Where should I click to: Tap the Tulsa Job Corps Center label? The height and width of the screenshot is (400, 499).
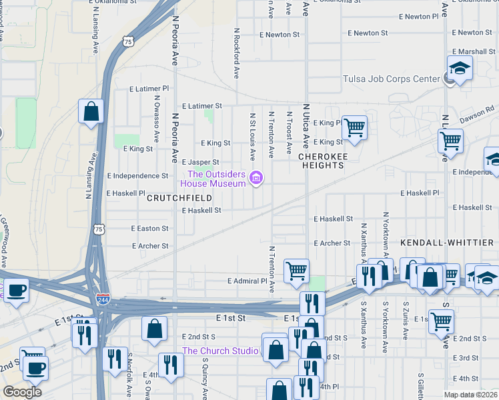391,79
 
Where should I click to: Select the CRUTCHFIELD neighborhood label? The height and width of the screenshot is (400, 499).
179,198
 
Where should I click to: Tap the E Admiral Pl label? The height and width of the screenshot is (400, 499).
247,281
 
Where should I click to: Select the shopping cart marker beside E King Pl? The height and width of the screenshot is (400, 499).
354,127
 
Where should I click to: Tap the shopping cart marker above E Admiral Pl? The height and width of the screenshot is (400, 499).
296,271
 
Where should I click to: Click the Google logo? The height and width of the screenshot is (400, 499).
22,392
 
